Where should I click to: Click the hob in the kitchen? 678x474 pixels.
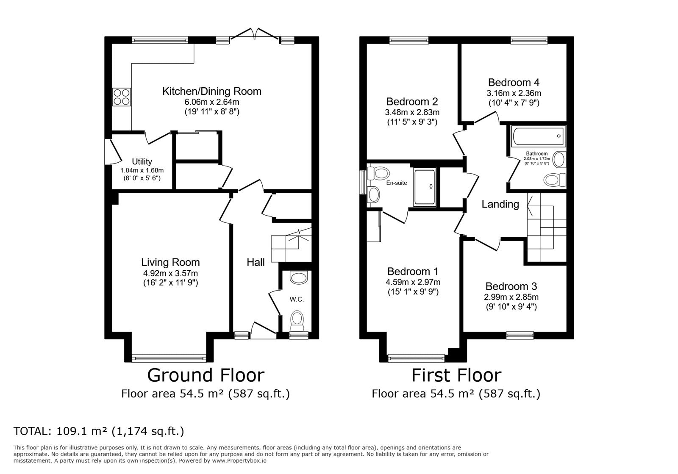pyautogui.click(x=122, y=97)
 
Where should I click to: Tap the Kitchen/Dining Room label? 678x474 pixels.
pyautogui.click(x=211, y=91)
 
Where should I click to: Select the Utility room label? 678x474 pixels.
pyautogui.click(x=142, y=161)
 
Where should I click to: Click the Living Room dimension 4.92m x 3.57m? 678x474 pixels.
pyautogui.click(x=170, y=274)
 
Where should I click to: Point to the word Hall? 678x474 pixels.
pyautogui.click(x=256, y=262)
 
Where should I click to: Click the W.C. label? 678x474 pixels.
pyautogui.click(x=297, y=299)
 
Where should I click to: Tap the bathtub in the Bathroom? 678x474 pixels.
pyautogui.click(x=538, y=136)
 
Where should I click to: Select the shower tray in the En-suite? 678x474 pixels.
pyautogui.click(x=425, y=187)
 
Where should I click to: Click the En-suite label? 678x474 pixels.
pyautogui.click(x=397, y=183)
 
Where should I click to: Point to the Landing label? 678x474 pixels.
pyautogui.click(x=500, y=204)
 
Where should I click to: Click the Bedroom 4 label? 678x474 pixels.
pyautogui.click(x=514, y=83)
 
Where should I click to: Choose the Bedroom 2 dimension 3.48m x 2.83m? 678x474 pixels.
pyautogui.click(x=412, y=112)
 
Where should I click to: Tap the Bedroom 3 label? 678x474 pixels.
pyautogui.click(x=511, y=286)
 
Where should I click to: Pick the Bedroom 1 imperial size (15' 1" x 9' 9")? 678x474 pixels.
pyautogui.click(x=413, y=292)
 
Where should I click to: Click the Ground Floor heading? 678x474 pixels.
pyautogui.click(x=206, y=375)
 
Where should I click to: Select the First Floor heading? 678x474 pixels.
pyautogui.click(x=456, y=375)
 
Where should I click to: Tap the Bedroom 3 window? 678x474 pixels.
pyautogui.click(x=520, y=335)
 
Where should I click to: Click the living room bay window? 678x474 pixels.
pyautogui.click(x=169, y=358)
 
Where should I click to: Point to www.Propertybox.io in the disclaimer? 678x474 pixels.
pyautogui.click(x=239, y=461)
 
